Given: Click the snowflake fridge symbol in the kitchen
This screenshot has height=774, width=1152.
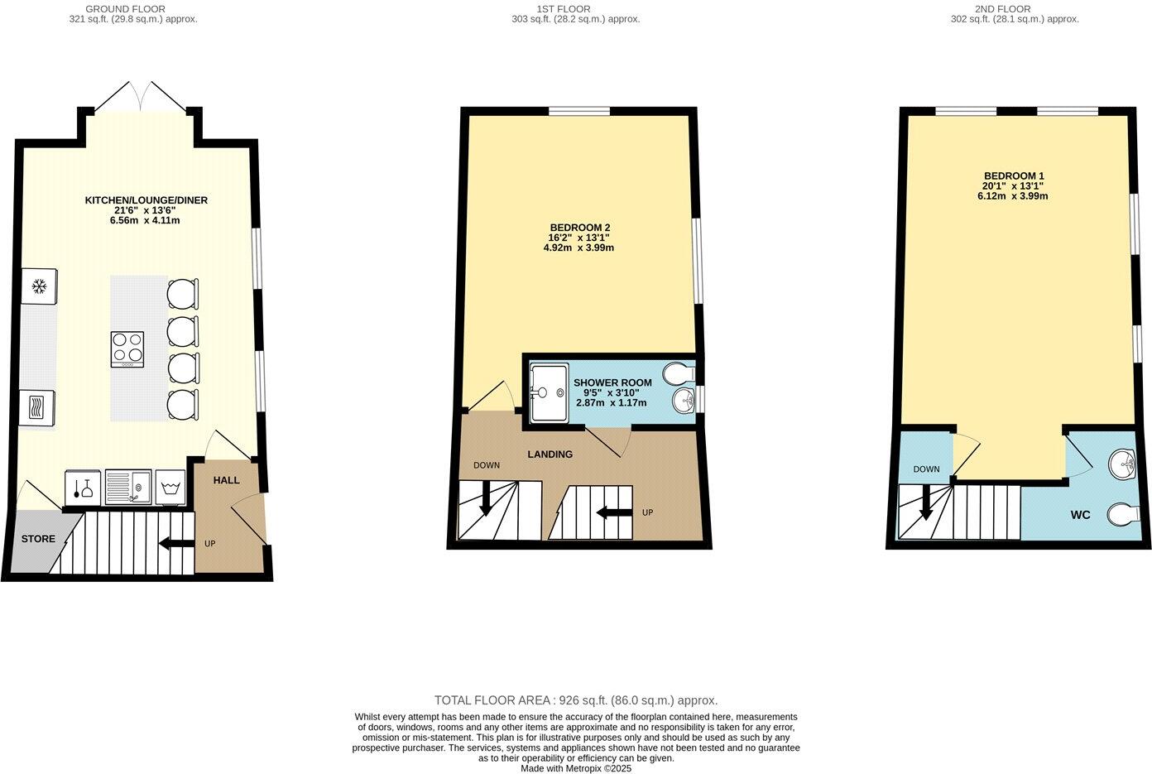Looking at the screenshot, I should (38, 287).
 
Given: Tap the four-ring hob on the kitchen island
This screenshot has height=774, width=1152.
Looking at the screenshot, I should (127, 349).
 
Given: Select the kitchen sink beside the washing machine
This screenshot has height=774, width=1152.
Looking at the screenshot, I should (127, 487).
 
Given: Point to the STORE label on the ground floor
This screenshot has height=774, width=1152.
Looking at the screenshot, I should (38, 539).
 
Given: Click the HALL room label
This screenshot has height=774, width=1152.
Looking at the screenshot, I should (226, 480).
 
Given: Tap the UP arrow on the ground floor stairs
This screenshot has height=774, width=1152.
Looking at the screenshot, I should (175, 544).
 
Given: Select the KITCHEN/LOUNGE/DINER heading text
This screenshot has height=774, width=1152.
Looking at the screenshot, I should (146, 200).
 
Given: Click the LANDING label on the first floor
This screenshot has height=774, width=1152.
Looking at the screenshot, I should (550, 454).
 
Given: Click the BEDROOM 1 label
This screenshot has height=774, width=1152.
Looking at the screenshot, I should (1013, 176).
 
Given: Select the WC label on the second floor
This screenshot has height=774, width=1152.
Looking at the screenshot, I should (1080, 515).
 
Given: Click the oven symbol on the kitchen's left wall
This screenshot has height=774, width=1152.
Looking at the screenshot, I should (38, 408).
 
